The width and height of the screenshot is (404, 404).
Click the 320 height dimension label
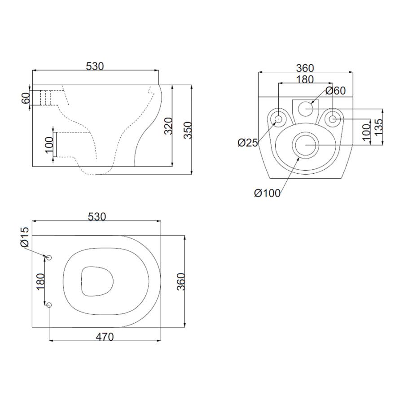[168, 126]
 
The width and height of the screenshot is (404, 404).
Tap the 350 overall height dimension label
[188, 130]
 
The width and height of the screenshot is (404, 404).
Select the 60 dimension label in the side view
[26, 98]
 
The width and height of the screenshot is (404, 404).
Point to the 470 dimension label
[105, 337]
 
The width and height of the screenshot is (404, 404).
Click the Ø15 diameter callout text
[25, 237]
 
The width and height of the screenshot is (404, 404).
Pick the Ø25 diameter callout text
[248, 142]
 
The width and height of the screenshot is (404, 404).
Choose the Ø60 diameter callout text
[335, 91]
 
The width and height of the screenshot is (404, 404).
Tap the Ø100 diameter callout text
[267, 193]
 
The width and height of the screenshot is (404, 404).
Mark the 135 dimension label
[378, 127]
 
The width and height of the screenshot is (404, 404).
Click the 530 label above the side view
[95, 66]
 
